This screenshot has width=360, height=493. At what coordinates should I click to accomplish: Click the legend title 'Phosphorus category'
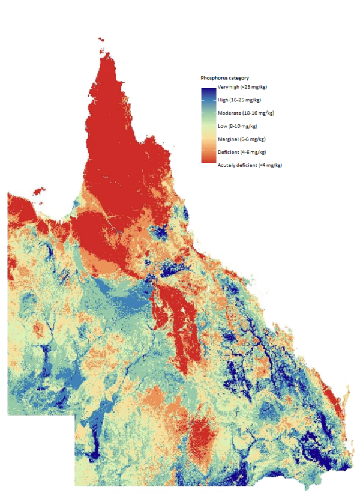[x=225, y=78]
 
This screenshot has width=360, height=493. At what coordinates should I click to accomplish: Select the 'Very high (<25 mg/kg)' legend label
[x=241, y=88]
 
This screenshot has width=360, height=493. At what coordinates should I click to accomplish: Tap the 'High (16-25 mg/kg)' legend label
[x=239, y=100]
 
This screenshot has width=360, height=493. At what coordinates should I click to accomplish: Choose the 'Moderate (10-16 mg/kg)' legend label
[x=243, y=113]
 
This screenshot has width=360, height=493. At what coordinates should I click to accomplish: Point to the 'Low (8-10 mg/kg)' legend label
[x=237, y=126]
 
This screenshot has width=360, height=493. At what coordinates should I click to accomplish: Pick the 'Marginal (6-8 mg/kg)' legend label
[x=241, y=139]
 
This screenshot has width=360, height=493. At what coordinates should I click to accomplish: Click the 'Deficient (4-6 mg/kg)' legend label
[x=242, y=152]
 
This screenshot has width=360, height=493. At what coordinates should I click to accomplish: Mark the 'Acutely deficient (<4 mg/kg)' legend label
[x=250, y=165]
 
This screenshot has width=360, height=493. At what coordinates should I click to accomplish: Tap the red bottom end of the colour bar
[x=208, y=160]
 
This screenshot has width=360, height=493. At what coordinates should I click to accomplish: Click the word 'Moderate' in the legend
[x=229, y=113]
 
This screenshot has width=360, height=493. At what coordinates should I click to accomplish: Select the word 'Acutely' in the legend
[x=227, y=165]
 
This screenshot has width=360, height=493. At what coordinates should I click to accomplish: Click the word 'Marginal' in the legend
[x=228, y=139]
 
